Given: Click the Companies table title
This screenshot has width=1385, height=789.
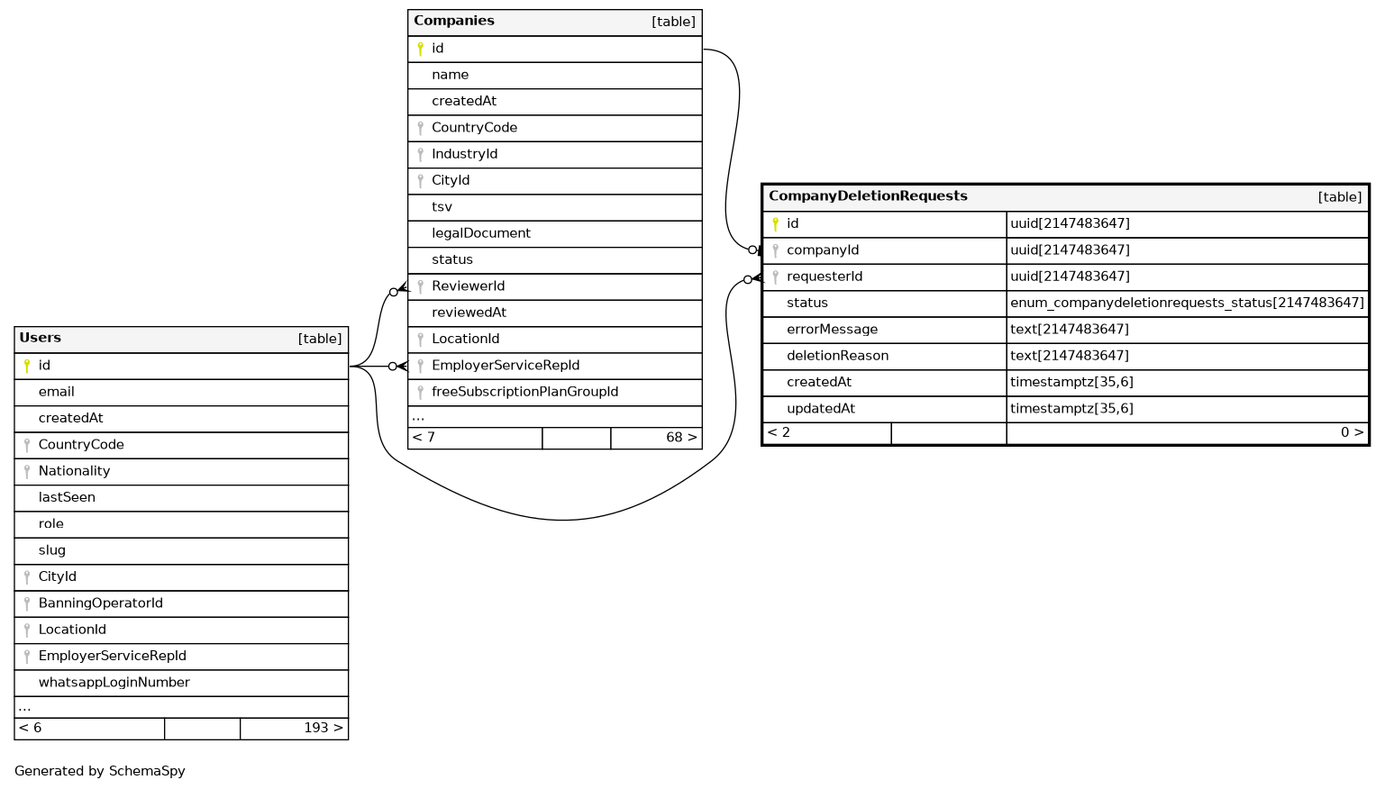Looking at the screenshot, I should coord(454,21).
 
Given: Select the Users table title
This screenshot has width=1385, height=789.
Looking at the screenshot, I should coord(41,338).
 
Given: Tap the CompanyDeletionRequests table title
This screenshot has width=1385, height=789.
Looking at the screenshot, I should coord(868,196).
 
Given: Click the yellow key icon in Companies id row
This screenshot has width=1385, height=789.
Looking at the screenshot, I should coord(420,49).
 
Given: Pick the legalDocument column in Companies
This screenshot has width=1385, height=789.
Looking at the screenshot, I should coord(481,233).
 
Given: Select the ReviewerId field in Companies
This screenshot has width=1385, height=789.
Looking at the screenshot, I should coord(468,286).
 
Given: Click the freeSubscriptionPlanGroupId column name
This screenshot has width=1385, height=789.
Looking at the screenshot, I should coord(524,392).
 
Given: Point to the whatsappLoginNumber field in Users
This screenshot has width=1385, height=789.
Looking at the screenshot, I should coord(114,683).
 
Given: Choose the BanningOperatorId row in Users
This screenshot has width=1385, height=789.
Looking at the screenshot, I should coord(100,603).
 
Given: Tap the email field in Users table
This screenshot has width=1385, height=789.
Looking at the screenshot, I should coord(56,392).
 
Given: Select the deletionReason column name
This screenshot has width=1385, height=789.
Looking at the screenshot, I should coord(837,356).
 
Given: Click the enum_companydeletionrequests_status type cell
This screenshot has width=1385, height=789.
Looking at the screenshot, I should coord(1187,303).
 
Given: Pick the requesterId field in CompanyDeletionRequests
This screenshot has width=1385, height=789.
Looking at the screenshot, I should coord(825,277).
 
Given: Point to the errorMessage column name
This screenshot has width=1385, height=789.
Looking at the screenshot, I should coord(832,330).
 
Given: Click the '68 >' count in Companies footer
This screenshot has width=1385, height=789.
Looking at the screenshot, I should coord(681,438).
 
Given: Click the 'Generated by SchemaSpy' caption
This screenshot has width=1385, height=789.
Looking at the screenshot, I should coord(100,771).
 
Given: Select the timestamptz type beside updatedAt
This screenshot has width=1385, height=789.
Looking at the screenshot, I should coord(1071,409).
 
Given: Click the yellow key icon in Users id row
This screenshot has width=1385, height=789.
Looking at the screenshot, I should coord(27,366).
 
